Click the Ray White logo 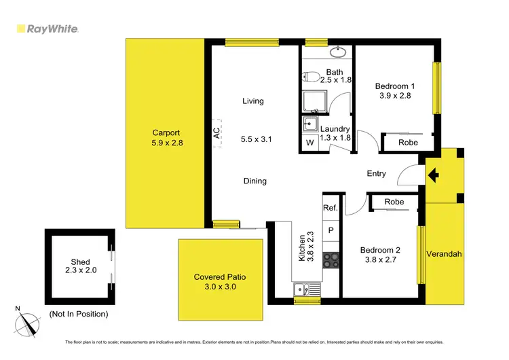(47, 29)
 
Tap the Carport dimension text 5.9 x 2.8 (168, 143)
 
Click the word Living (253, 101)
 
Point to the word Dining (255, 181)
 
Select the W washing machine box (309, 143)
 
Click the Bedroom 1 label (395, 86)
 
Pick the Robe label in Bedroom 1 (408, 143)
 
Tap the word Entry (377, 174)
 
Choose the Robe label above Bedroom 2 (394, 202)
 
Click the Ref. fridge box (331, 208)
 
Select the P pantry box (331, 230)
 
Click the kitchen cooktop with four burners (331, 258)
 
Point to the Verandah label (444, 254)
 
